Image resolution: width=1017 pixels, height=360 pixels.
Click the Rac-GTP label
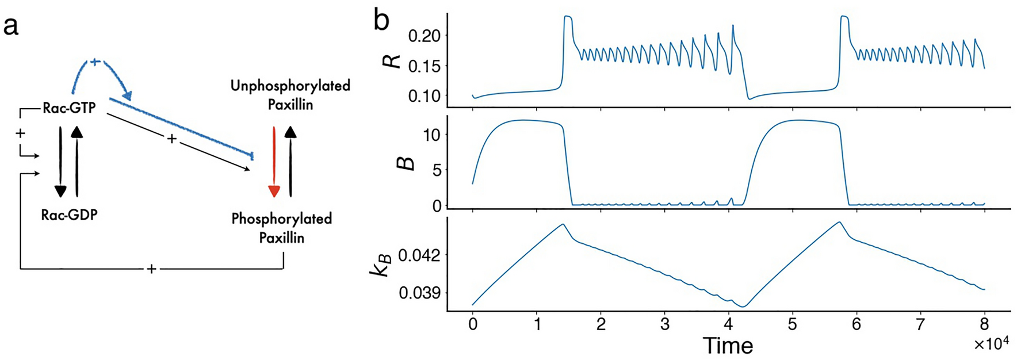pos(69,108)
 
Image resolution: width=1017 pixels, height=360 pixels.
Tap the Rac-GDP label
pos(69,215)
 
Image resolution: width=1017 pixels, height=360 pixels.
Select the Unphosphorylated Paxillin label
pos(290,95)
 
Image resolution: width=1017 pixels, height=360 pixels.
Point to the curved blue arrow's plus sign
pos(95,61)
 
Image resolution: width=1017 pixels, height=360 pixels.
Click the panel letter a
pos(11,26)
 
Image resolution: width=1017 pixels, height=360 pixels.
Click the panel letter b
pos(381,21)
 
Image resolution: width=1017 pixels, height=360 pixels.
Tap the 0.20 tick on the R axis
pos(424,36)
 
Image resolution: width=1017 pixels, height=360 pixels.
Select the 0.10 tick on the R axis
pos(424,95)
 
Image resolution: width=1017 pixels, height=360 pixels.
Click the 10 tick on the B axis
pos(432,135)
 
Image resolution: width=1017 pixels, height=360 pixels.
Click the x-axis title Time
pos(728,346)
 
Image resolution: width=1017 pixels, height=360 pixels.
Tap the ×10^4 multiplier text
pos(991,343)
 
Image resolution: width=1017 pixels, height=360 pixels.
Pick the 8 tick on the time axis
pos(984,324)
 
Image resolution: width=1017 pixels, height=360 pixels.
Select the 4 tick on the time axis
pos(728,324)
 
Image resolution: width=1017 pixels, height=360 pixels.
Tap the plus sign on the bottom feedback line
pos(151,269)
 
